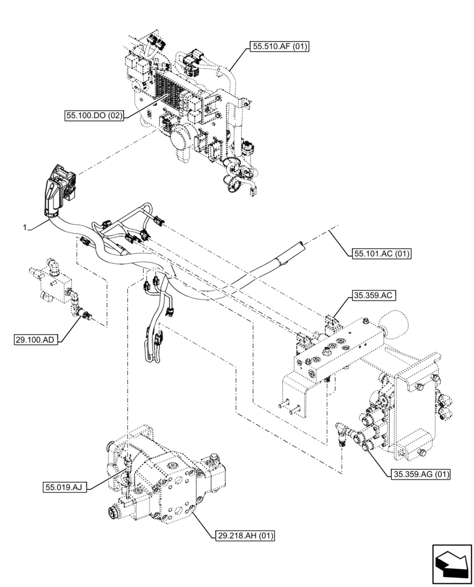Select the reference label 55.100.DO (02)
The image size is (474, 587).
[95, 116]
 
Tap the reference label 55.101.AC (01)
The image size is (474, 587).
[382, 254]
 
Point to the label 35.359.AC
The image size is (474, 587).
[373, 297]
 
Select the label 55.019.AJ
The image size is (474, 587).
[65, 487]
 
